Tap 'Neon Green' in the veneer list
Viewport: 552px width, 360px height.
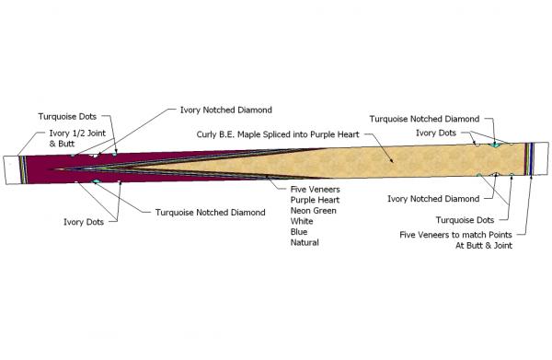pos(310,210)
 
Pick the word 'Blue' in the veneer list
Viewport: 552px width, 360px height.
pos(299,232)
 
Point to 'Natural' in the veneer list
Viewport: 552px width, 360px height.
pos(305,243)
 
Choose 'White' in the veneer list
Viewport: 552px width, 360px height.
pos(302,221)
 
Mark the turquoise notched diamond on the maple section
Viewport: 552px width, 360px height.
pos(494,145)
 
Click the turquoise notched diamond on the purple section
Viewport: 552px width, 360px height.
pos(96,183)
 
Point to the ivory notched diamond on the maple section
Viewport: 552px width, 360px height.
pos(494,174)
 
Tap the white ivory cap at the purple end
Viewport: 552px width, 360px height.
pos(13,167)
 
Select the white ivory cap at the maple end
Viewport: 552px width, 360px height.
pos(541,158)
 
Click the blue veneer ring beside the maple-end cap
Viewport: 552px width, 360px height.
pos(532,158)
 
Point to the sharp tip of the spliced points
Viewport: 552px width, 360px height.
pos(55,169)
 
